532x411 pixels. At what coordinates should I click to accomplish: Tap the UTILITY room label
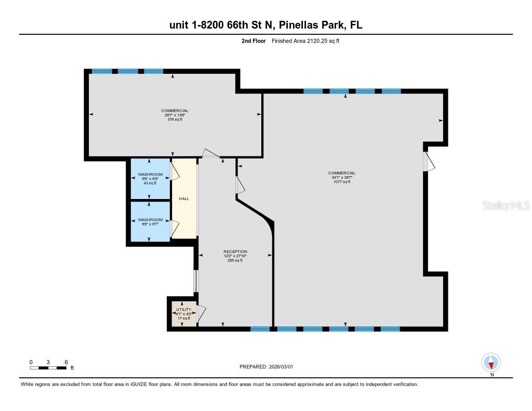[x=184, y=310]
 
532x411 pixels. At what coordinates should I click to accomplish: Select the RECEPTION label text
[x=235, y=251]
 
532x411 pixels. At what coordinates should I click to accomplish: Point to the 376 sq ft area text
[x=175, y=120]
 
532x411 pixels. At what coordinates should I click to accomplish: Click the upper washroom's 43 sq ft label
[x=150, y=182]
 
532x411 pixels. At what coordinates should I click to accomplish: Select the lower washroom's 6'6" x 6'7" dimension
[x=150, y=224]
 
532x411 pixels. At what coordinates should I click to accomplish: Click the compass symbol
[x=491, y=362]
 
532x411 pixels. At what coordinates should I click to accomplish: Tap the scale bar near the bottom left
[x=48, y=368]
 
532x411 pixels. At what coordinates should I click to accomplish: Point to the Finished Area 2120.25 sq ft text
[x=305, y=41]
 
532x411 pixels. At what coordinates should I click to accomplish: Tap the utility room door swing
[x=202, y=313]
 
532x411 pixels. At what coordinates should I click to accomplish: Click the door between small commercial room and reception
[x=211, y=154]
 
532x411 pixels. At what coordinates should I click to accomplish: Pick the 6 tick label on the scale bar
[x=66, y=362]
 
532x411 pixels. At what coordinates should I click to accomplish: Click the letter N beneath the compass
[x=491, y=375]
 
